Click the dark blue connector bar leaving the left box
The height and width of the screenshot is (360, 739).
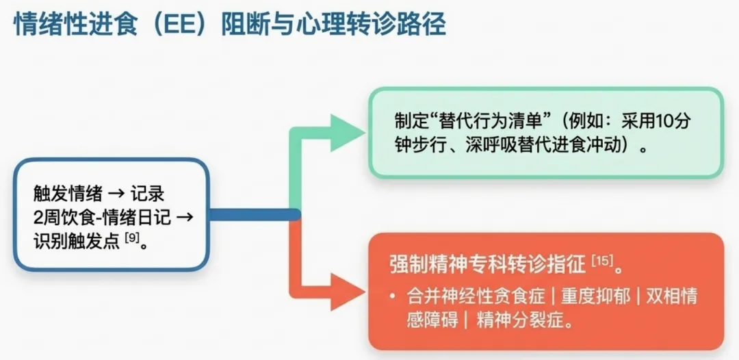253,215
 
